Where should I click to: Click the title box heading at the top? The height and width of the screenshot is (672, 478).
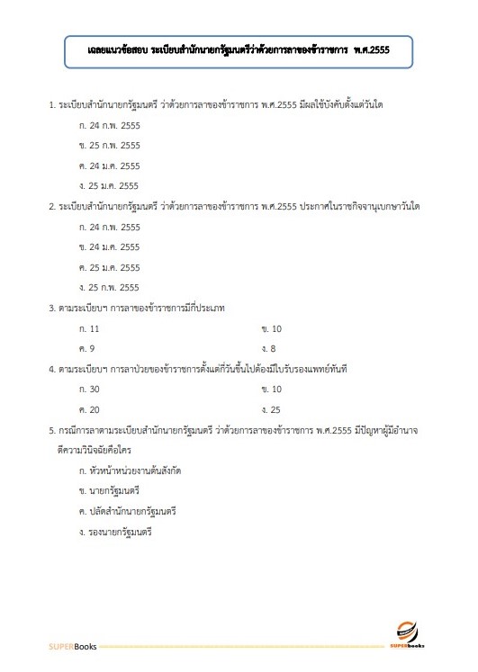point(239,49)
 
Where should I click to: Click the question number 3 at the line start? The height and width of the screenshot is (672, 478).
point(51,308)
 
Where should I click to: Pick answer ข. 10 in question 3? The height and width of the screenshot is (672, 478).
point(271,328)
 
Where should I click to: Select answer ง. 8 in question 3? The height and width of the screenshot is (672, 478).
point(268,348)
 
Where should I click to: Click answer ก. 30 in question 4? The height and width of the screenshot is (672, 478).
point(89,389)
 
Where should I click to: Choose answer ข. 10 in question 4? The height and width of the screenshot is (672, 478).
point(271,389)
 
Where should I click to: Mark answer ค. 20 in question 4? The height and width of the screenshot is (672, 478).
point(89,409)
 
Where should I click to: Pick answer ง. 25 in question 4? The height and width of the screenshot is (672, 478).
point(271,409)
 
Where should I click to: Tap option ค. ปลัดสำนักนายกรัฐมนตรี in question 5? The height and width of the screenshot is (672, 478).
point(127,511)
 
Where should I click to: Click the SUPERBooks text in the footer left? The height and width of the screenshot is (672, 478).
point(71,647)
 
